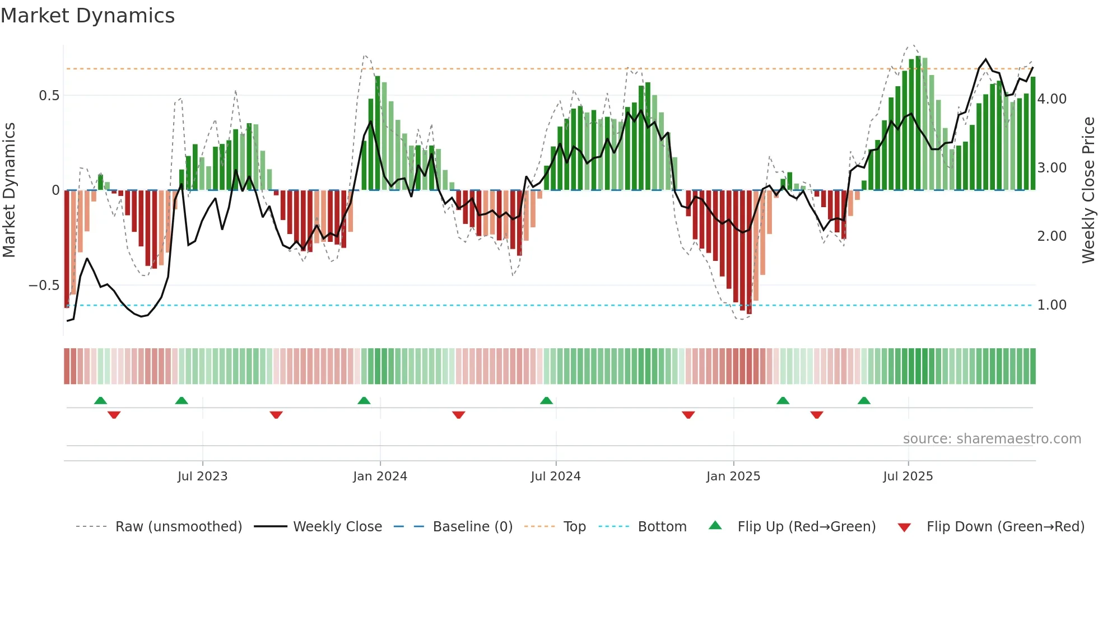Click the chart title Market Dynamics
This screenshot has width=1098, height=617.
click(88, 16)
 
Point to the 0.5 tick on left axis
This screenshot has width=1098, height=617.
click(49, 96)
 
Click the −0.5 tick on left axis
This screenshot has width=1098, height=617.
click(44, 286)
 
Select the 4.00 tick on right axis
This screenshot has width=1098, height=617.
click(1052, 99)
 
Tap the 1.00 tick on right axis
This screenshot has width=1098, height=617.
click(1052, 305)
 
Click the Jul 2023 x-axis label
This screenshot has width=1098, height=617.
click(202, 476)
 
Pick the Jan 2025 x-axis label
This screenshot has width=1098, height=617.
click(733, 476)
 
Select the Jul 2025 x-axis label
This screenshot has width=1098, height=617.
click(908, 476)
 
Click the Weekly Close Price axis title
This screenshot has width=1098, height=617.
click(1088, 190)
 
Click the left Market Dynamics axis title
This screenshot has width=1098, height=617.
click(9, 190)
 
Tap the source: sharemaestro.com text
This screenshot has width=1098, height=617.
click(992, 439)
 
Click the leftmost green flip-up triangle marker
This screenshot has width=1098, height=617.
click(100, 401)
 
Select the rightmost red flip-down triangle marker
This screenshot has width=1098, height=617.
click(816, 415)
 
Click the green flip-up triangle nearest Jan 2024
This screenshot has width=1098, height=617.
click(364, 401)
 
